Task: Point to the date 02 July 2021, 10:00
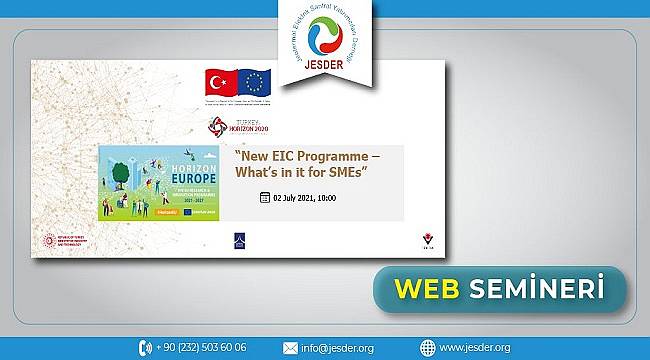click(306, 199)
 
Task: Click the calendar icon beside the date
click(265, 199)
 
